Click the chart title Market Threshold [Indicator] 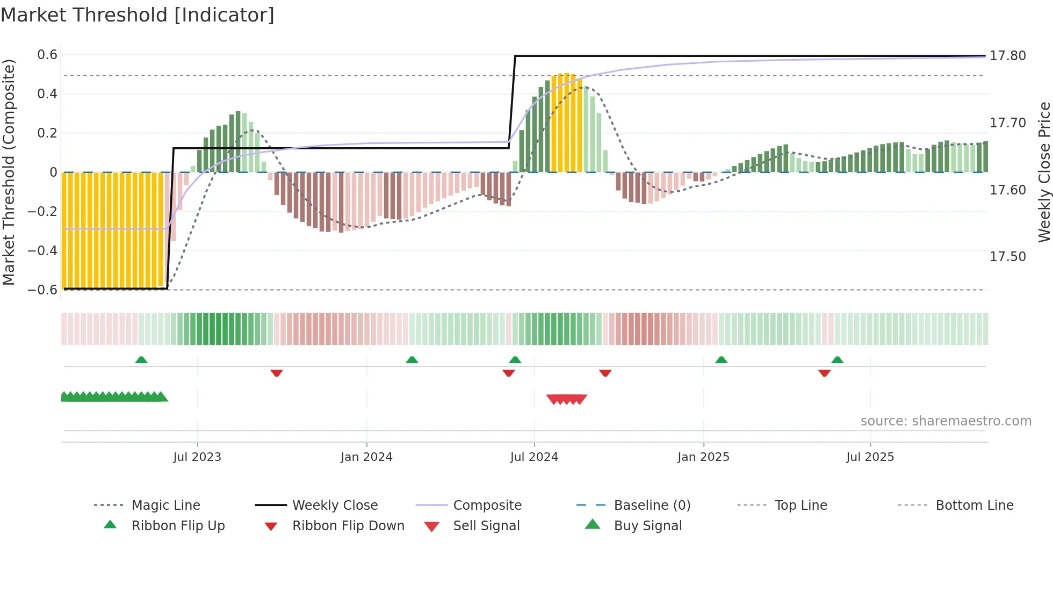click(x=138, y=15)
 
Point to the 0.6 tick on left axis click(x=47, y=55)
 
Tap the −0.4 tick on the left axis click(x=42, y=250)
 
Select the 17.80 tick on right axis click(x=1008, y=56)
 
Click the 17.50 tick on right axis click(x=1008, y=257)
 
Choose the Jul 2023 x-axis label click(x=197, y=457)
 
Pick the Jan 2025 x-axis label click(x=703, y=457)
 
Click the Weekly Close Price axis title click(x=1044, y=172)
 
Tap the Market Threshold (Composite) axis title click(x=9, y=172)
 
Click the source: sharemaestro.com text click(x=946, y=421)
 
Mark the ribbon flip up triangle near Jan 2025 click(x=721, y=360)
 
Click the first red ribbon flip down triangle click(x=277, y=373)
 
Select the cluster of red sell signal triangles click(x=566, y=399)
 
